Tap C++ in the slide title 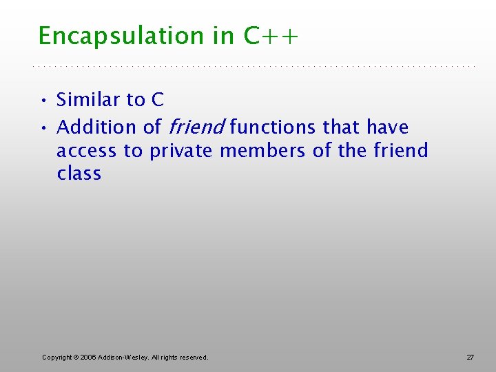[x=271, y=36]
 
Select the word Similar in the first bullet [x=87, y=100]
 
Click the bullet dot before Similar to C [x=43, y=101]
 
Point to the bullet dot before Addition [x=43, y=128]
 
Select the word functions [x=274, y=127]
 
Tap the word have [x=387, y=127]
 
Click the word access [x=87, y=151]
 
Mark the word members [x=262, y=151]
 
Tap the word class [x=79, y=174]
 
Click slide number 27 [x=471, y=357]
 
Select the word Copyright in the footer [x=57, y=357]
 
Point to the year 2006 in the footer [x=87, y=357]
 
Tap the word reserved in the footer [x=192, y=357]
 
